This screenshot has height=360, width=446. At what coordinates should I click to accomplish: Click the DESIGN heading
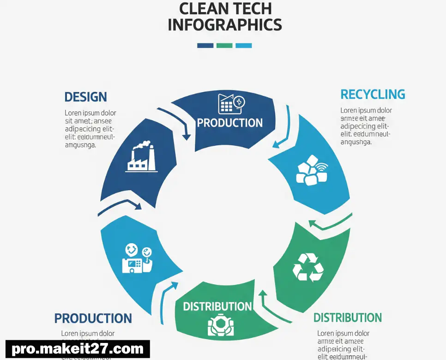pyautogui.click(x=85, y=97)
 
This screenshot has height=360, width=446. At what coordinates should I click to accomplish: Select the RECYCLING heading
pyautogui.click(x=373, y=95)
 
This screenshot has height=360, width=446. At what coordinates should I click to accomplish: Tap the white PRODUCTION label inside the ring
pyautogui.click(x=229, y=123)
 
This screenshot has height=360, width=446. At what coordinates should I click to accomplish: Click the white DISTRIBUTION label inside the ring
pyautogui.click(x=217, y=306)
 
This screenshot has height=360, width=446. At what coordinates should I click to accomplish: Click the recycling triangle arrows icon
pyautogui.click(x=308, y=267)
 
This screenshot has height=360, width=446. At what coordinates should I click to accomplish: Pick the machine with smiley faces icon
pyautogui.click(x=137, y=258)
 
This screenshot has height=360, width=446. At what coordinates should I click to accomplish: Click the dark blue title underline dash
pyautogui.click(x=205, y=45)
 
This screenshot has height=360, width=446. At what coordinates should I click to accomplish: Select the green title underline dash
pyautogui.click(x=224, y=45)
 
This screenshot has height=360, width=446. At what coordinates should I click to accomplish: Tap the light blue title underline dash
pyautogui.click(x=244, y=45)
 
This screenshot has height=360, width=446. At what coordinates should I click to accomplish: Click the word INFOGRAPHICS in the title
pyautogui.click(x=224, y=24)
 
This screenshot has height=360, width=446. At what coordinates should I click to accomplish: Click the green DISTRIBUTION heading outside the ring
pyautogui.click(x=347, y=318)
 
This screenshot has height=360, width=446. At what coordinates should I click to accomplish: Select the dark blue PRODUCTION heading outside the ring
pyautogui.click(x=93, y=318)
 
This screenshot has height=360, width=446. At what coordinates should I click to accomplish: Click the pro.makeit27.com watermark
pyautogui.click(x=78, y=349)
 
